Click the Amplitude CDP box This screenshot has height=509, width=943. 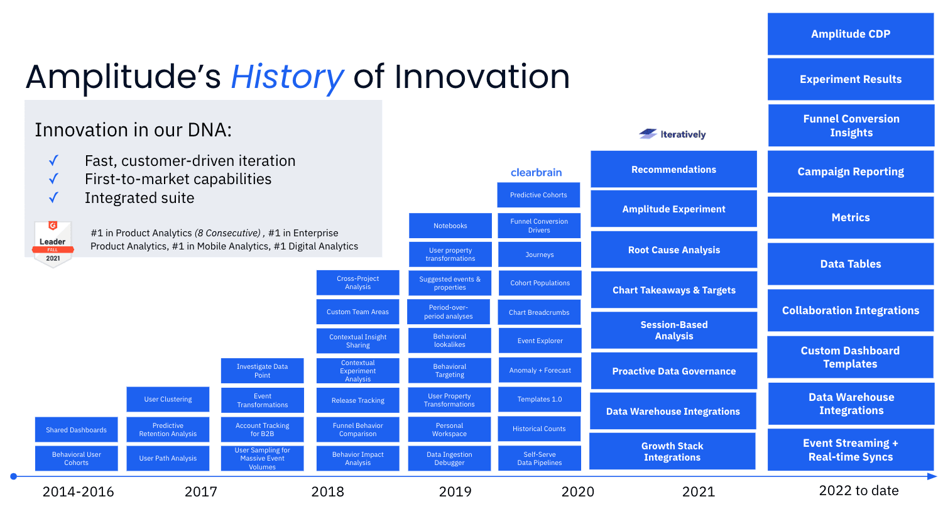[851, 34]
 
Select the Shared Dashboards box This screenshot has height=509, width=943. [76, 430]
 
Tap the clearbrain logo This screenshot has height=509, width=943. [536, 172]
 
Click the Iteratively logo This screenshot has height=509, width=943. [673, 134]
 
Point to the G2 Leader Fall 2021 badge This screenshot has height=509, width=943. [53, 244]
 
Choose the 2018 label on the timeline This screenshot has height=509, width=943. [327, 491]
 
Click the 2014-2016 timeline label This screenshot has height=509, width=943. [78, 491]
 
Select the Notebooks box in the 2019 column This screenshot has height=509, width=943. [450, 226]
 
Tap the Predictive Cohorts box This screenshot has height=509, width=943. [538, 195]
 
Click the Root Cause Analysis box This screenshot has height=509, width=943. [673, 250]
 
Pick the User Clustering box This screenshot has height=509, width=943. [168, 399]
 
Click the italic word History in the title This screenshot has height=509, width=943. [287, 77]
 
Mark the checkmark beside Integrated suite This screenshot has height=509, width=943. [54, 198]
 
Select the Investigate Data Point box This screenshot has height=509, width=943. [262, 371]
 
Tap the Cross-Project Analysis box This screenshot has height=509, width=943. [357, 283]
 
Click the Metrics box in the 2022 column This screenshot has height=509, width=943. [851, 217]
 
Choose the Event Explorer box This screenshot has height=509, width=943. [540, 341]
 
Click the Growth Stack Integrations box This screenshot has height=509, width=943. [672, 451]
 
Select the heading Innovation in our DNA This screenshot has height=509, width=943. [133, 130]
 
